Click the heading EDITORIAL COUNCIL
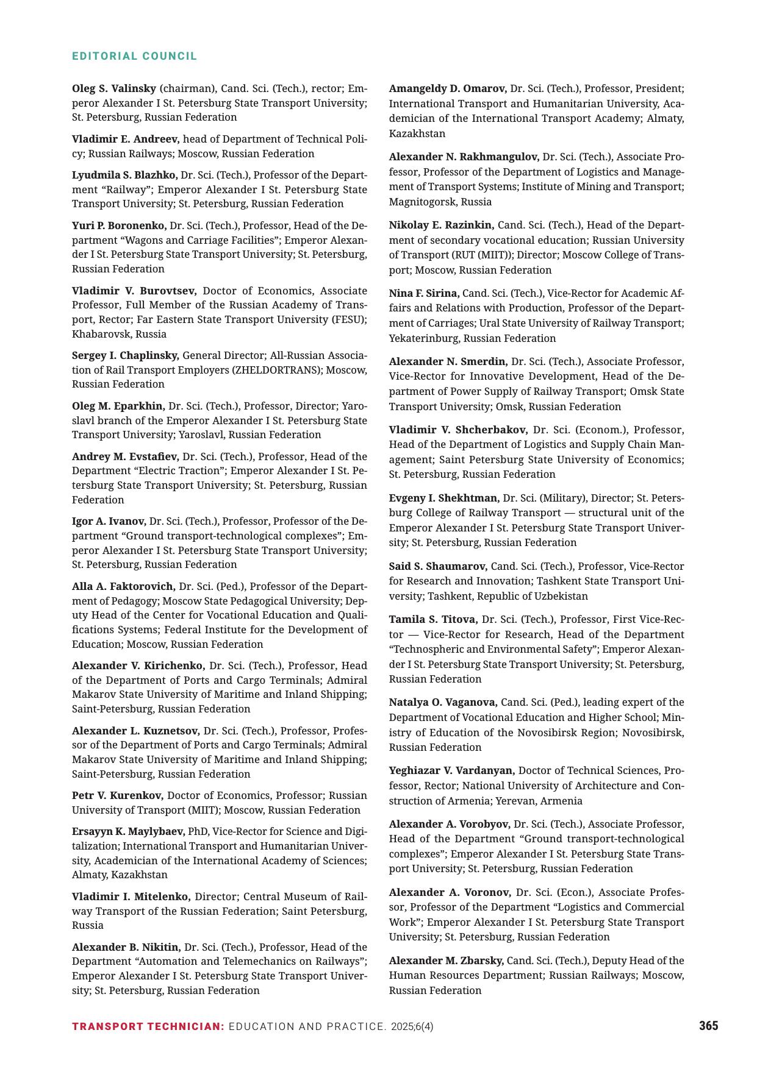135,56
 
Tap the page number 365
708,1026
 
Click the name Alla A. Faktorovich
124,586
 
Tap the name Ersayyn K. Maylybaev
128,831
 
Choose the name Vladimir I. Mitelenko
131,897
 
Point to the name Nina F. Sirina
424,293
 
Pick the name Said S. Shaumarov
438,566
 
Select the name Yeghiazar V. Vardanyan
452,770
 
